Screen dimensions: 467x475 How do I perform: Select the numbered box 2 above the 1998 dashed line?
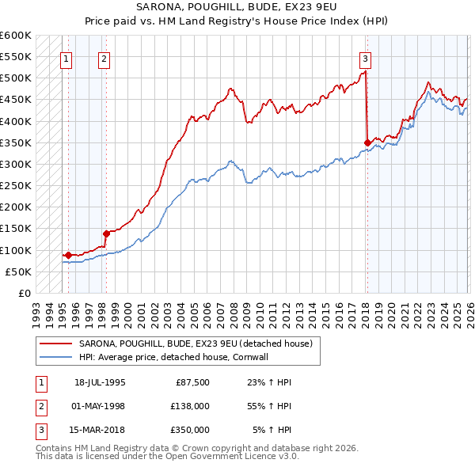[x=104, y=58]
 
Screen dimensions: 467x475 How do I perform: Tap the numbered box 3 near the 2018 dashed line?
[x=365, y=58]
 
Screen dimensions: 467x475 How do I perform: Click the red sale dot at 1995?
[x=69, y=255]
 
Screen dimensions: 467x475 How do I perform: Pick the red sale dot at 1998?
[x=105, y=233]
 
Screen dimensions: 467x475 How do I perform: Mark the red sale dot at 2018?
[x=367, y=142]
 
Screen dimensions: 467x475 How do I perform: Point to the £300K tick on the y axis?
[x=16, y=164]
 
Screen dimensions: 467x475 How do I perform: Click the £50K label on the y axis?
[x=18, y=271]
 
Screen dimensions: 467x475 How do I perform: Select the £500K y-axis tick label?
[x=16, y=78]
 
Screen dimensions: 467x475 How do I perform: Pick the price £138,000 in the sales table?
[x=191, y=406]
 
